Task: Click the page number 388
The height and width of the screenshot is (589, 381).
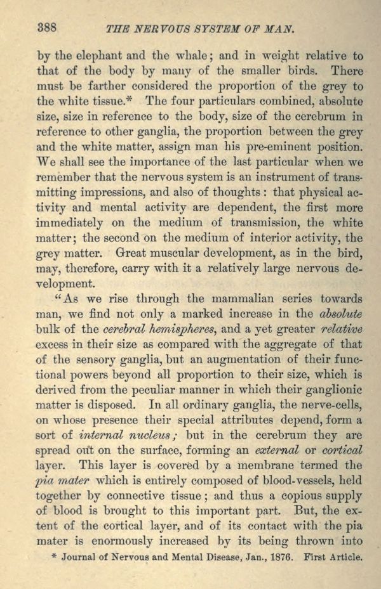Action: (48, 27)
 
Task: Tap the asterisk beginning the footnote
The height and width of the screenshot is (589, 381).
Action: (53, 557)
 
